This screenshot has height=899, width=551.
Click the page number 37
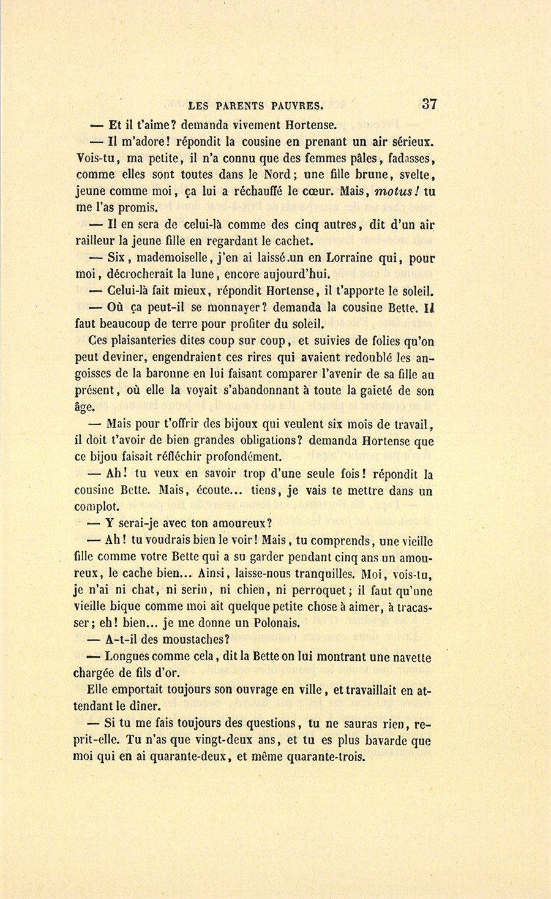pyautogui.click(x=429, y=103)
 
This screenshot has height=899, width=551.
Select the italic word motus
pyautogui.click(x=395, y=190)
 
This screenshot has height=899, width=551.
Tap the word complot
pyautogui.click(x=97, y=507)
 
